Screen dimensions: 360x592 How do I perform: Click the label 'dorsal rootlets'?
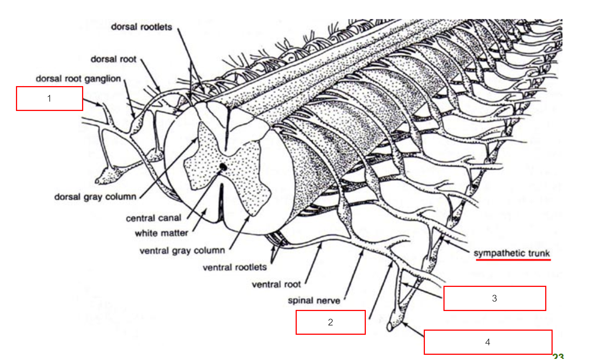(142, 27)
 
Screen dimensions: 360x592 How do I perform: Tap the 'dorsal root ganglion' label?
(78, 79)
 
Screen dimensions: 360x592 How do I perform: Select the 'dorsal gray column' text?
(95, 197)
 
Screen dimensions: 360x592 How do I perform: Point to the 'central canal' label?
(153, 218)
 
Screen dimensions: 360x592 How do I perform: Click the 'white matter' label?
(161, 233)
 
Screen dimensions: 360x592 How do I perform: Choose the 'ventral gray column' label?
(182, 251)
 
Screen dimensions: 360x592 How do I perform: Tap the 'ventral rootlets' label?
(234, 267)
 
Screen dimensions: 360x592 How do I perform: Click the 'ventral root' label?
(276, 285)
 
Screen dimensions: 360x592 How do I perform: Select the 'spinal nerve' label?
(314, 300)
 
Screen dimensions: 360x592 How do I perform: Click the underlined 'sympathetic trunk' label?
(511, 253)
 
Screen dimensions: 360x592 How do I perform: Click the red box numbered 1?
(49, 98)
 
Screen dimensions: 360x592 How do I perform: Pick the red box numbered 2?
(331, 322)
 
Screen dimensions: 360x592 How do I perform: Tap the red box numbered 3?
(494, 298)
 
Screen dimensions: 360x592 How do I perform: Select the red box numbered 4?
(488, 342)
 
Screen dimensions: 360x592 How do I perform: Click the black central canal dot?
(223, 167)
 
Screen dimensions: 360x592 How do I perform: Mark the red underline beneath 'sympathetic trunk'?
(513, 260)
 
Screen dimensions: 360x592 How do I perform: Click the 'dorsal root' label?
(113, 59)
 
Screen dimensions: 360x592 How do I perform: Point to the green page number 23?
(558, 357)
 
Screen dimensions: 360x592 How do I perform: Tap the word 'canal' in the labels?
(169, 218)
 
